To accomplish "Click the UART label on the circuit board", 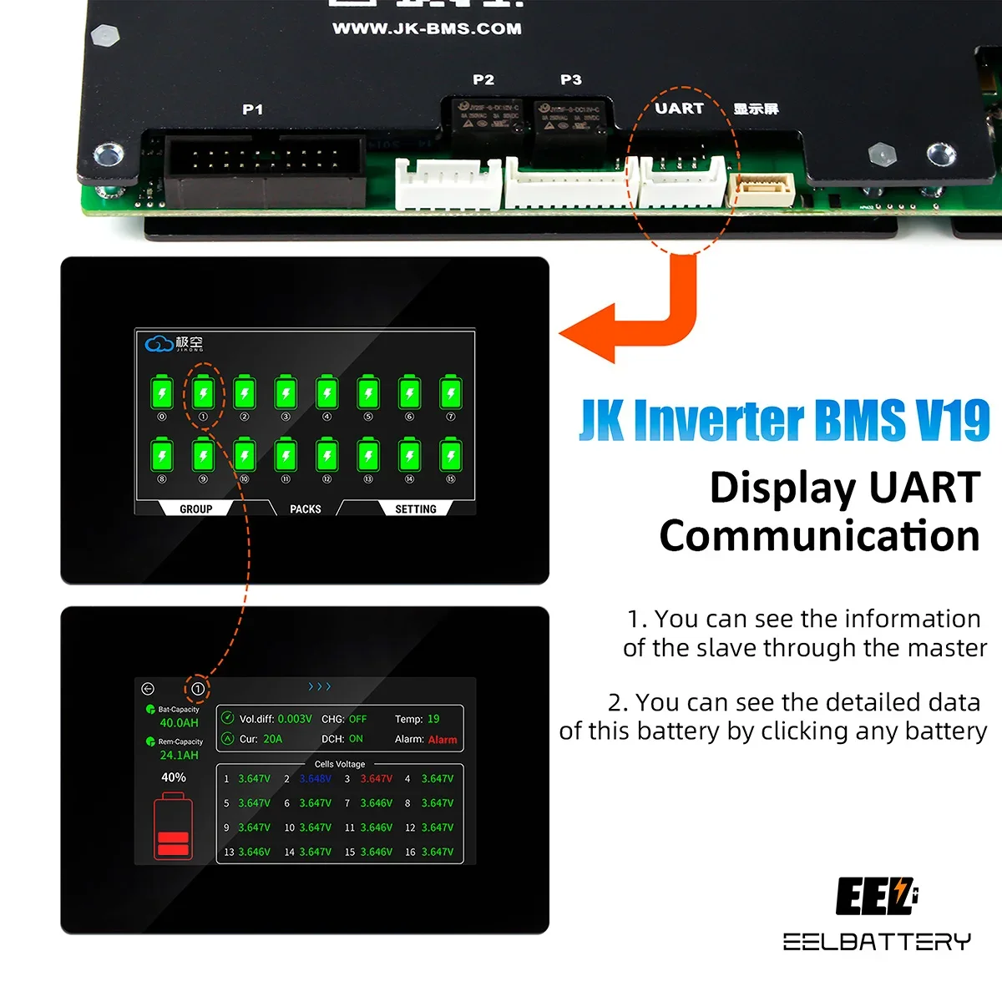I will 679,109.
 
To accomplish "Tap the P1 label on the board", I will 252,109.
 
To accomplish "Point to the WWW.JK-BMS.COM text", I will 427,28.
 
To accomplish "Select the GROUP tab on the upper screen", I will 196,509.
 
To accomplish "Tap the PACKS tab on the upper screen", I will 306,509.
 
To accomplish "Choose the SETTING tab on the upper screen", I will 416,509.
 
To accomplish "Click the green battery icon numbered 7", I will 451,392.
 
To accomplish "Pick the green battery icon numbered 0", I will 162,392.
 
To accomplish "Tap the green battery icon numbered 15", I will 451,456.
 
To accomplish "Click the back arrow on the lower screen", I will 148,689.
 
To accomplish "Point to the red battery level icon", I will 173,828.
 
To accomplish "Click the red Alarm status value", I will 443,740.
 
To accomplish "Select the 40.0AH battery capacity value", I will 179,723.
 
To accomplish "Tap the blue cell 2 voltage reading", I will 316,779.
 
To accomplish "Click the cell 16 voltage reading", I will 438,852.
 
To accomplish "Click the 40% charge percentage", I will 174,777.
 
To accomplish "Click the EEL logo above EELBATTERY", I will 876,897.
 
